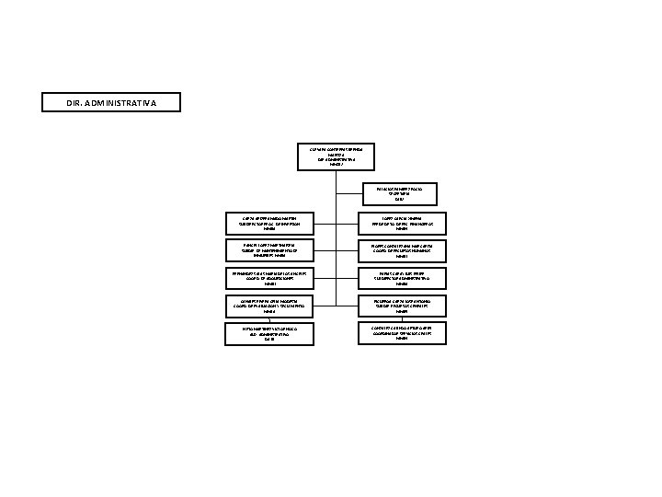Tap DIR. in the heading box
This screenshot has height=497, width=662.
tap(76, 101)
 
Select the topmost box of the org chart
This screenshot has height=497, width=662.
tap(338, 156)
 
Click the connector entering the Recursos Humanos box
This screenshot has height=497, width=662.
tap(350, 250)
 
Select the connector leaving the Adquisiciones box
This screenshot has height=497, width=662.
tap(327, 278)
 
